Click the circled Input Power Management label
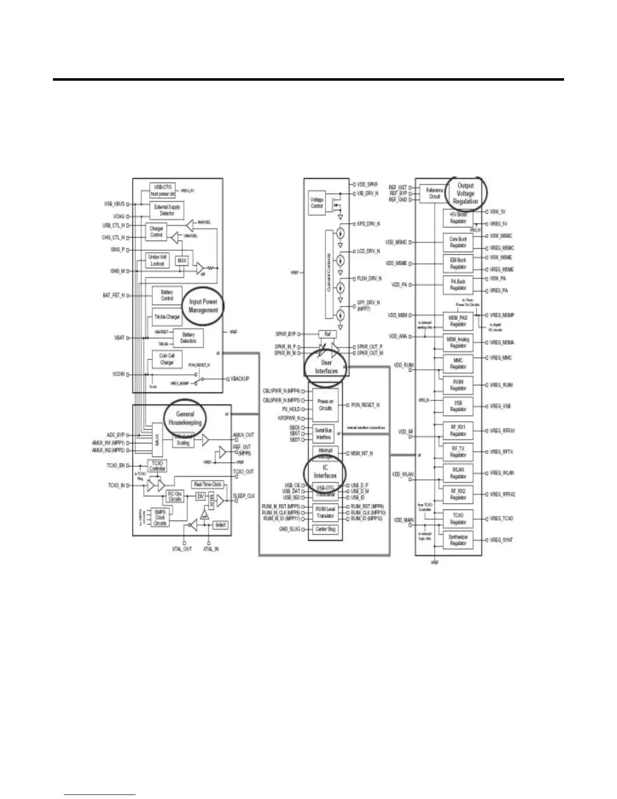pos(204,306)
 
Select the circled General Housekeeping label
pos(185,418)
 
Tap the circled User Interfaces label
pos(326,367)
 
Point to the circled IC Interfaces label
pos(325,472)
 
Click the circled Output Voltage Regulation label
pos(465,193)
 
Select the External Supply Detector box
pos(167,210)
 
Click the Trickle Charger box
pos(166,317)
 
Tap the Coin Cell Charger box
pos(167,359)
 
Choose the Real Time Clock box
pos(207,484)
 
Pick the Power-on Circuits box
pos(325,405)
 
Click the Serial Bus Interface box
pos(323,434)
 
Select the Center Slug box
pos(325,529)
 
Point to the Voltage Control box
pos(317,203)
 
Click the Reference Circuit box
pos(434,193)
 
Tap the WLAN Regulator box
pos(458,473)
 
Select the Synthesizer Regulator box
pos(458,540)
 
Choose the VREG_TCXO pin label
pos(502,519)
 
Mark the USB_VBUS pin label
pos(114,204)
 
